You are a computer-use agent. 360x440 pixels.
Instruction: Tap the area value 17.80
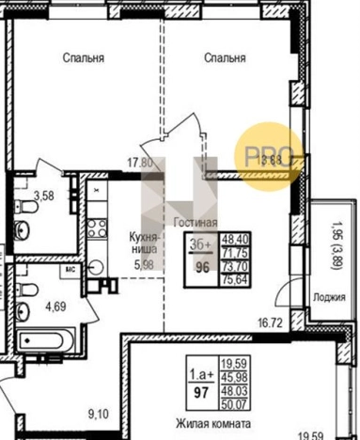(140, 161)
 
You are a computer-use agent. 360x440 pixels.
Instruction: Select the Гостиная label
(196, 223)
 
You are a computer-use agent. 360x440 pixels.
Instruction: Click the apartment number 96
(200, 266)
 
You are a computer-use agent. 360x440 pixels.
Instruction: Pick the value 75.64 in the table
(233, 278)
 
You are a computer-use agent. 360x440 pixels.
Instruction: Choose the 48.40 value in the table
(233, 241)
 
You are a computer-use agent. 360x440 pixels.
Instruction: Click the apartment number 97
(201, 388)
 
